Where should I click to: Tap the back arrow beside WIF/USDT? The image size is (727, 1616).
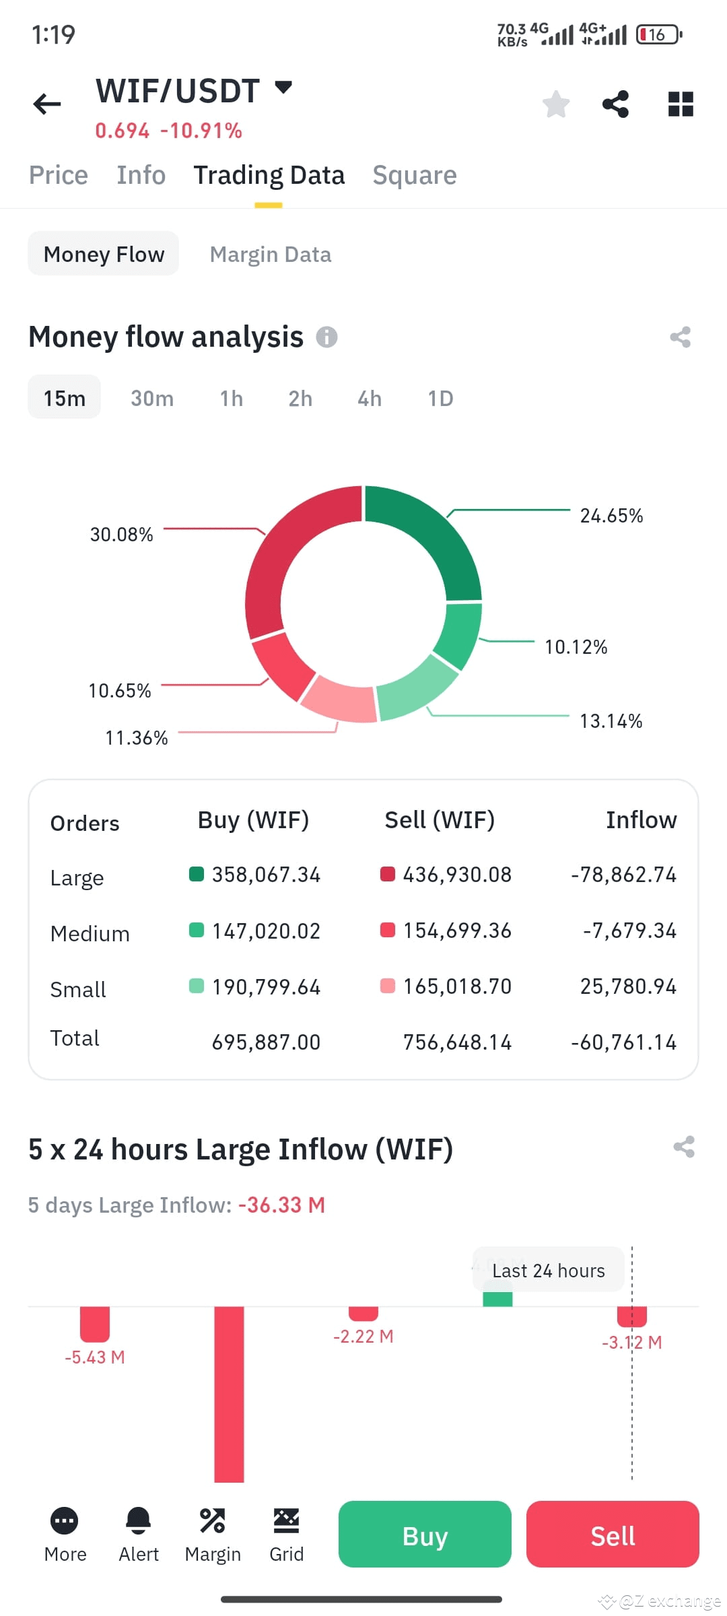coord(47,104)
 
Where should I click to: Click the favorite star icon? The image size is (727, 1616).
coord(556,104)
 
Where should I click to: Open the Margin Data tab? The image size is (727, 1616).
coord(270,255)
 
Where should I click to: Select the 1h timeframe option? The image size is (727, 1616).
coord(231,399)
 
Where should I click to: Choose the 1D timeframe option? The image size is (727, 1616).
coord(440,399)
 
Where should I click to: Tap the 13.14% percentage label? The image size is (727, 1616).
coord(611,721)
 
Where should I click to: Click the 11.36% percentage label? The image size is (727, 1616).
coord(136,738)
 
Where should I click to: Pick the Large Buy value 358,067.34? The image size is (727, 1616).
coord(266,875)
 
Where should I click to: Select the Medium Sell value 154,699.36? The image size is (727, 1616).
coord(457,931)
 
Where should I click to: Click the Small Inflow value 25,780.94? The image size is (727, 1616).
coord(628,986)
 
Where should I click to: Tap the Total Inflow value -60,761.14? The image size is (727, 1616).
coord(623,1042)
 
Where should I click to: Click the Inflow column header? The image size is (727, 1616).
coord(641,820)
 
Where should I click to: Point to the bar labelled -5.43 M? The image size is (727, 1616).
coord(95,1324)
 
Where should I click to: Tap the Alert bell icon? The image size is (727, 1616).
coord(139,1520)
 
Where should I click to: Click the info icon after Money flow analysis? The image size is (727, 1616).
coord(326,337)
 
